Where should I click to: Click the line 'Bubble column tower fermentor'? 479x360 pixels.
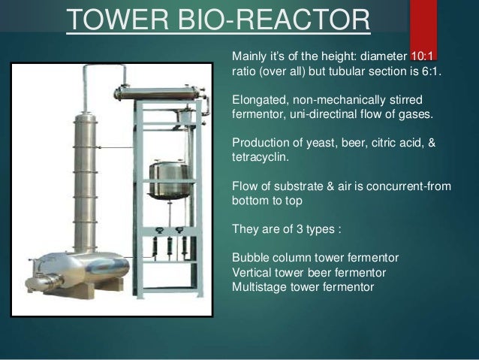(x=315, y=258)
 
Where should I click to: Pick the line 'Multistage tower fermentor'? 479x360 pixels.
(x=303, y=286)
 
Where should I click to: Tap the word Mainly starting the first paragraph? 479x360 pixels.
(x=250, y=56)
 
